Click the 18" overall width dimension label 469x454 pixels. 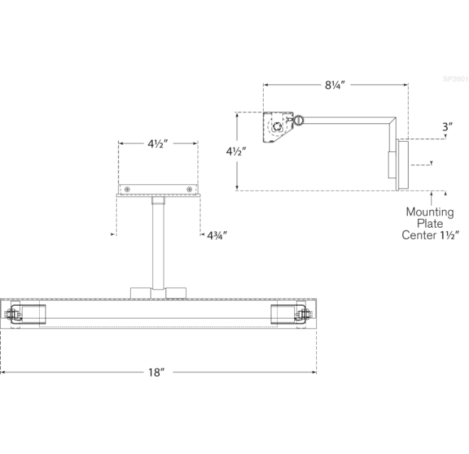point(158,372)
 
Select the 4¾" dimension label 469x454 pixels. point(217,234)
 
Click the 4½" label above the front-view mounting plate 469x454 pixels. point(158,143)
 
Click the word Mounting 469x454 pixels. point(430,211)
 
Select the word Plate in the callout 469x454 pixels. point(430,223)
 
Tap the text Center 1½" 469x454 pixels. point(431,235)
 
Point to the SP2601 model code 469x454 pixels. point(455,79)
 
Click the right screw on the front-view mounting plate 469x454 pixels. point(189,189)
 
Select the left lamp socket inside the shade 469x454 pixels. point(28,315)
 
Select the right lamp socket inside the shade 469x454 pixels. point(288,315)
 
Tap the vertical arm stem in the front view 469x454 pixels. point(157,241)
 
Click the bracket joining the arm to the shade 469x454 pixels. point(158,292)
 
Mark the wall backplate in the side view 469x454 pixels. point(402,164)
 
